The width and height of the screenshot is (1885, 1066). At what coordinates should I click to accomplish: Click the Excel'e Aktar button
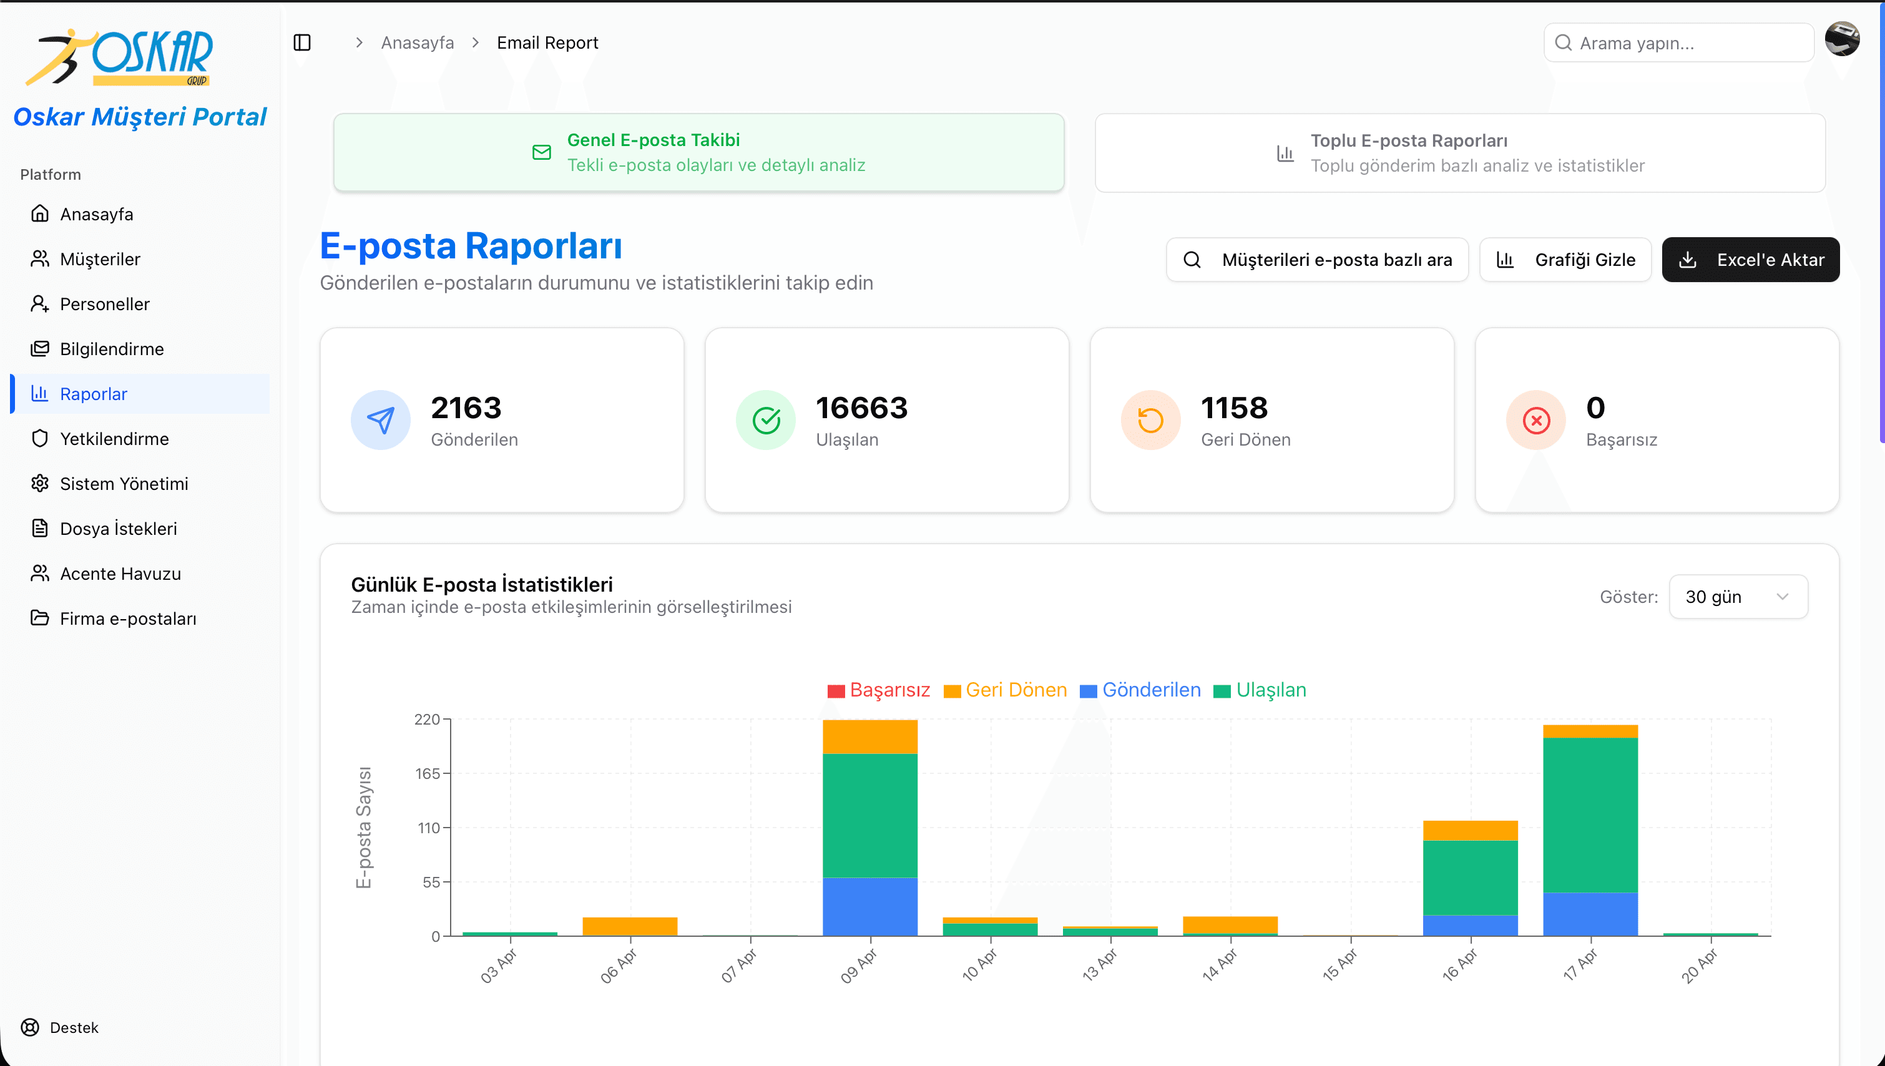[1750, 260]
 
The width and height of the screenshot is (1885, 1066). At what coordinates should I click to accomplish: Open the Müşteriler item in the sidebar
[100, 259]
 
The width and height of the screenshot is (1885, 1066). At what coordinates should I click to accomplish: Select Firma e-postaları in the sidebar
[127, 619]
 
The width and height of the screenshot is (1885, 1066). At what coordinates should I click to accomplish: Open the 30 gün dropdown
[1737, 597]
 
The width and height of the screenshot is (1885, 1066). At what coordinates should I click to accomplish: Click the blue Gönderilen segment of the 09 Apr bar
[869, 906]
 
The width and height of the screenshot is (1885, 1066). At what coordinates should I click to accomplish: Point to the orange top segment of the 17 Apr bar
[1589, 731]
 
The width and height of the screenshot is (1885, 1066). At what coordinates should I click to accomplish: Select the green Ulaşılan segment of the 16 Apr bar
[1470, 877]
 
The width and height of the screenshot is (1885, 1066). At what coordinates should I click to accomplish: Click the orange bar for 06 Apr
[630, 926]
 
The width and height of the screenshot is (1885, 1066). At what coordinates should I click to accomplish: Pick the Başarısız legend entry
[878, 690]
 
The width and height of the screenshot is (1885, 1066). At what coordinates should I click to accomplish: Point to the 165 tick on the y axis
[428, 774]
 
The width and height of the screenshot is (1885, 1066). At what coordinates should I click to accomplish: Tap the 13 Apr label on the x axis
[1100, 965]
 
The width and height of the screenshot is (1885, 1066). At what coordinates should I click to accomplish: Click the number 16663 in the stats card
[861, 408]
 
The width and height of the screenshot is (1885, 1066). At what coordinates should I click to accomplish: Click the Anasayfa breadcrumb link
[418, 43]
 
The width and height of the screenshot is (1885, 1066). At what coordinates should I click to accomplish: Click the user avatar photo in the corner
[1842, 39]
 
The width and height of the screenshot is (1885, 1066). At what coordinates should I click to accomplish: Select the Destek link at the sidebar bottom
[73, 1027]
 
